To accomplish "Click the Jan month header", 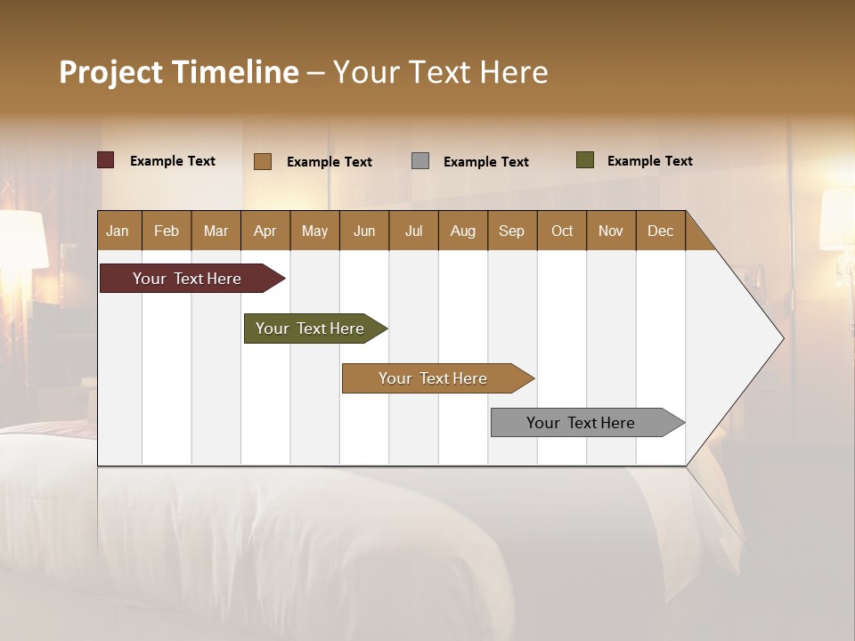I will point(118,231).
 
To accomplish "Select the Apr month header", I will point(265,231).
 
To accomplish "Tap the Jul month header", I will point(413,231).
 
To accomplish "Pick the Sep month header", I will point(512,231).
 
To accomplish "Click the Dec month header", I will point(660,231).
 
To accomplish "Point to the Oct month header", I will point(562,231).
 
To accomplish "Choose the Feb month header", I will point(167,231).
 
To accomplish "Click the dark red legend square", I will point(106,160).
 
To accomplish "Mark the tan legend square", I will point(263,161).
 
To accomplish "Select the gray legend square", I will point(420,161).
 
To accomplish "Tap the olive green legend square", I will point(585,160).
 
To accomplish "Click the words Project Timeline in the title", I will point(178,72).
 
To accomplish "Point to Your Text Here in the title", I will point(440,72).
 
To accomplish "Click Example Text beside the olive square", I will point(649,161).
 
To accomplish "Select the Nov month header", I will point(611,231).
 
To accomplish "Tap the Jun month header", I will point(364,231).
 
